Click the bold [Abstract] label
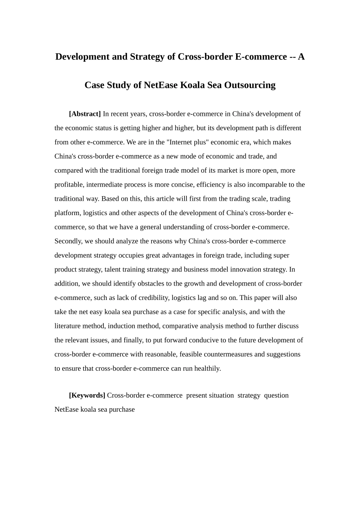[x=85, y=114]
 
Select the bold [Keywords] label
[x=87, y=395]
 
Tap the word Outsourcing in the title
[x=250, y=85]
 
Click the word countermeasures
[x=228, y=354]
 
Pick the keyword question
[x=276, y=395]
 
